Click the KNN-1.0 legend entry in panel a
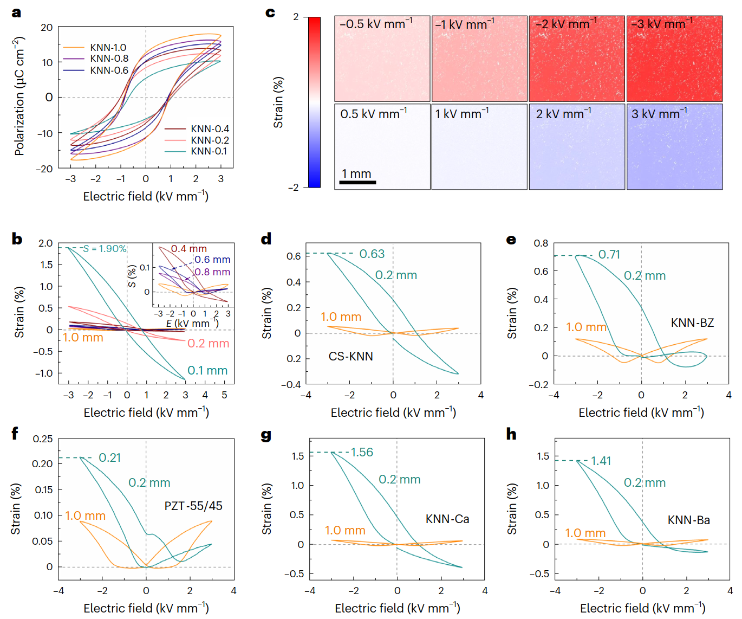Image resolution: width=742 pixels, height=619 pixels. (108, 48)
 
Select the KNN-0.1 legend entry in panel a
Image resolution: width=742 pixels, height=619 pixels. (209, 151)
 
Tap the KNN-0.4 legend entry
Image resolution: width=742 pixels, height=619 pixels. (210, 129)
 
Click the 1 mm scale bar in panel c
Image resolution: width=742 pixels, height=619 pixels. (357, 182)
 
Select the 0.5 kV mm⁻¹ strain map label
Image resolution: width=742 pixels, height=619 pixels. (373, 114)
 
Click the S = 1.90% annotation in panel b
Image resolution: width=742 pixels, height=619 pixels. (105, 249)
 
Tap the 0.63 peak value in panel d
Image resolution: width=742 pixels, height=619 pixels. (372, 254)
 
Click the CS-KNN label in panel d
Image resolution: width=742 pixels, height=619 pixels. (350, 356)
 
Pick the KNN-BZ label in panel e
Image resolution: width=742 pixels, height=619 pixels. (692, 323)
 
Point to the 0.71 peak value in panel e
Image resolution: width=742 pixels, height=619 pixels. (609, 255)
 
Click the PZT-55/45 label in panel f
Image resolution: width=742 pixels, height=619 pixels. (193, 506)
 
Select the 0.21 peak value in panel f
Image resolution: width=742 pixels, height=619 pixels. (110, 458)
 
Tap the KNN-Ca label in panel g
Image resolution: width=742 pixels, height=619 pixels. (447, 519)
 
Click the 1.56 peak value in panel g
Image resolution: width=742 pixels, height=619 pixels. (362, 453)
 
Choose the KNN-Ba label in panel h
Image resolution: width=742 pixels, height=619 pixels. (688, 520)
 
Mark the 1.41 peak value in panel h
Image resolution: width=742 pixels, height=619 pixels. (601, 461)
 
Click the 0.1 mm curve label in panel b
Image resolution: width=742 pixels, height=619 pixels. (207, 371)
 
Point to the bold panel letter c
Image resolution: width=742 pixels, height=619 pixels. (270, 12)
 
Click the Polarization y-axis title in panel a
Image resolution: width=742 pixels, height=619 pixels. (19, 96)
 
